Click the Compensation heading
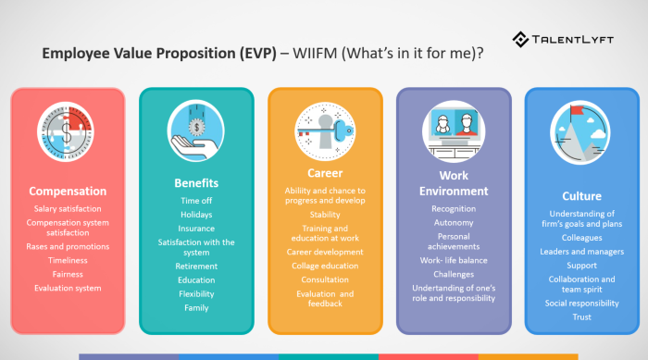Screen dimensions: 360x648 pos(68,192)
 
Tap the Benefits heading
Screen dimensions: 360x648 pos(196,182)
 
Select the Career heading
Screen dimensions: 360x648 pos(325,172)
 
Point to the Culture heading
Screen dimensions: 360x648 pos(581,196)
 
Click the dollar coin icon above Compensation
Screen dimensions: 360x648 pos(68,134)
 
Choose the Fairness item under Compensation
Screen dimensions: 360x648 pos(68,274)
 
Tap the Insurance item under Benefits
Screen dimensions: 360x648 pos(196,228)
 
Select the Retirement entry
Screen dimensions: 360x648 pos(196,266)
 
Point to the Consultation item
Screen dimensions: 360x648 pos(325,279)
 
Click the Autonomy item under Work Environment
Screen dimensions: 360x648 pos(453,223)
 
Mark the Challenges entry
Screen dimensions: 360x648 pos(453,274)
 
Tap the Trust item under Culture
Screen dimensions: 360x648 pos(581,317)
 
